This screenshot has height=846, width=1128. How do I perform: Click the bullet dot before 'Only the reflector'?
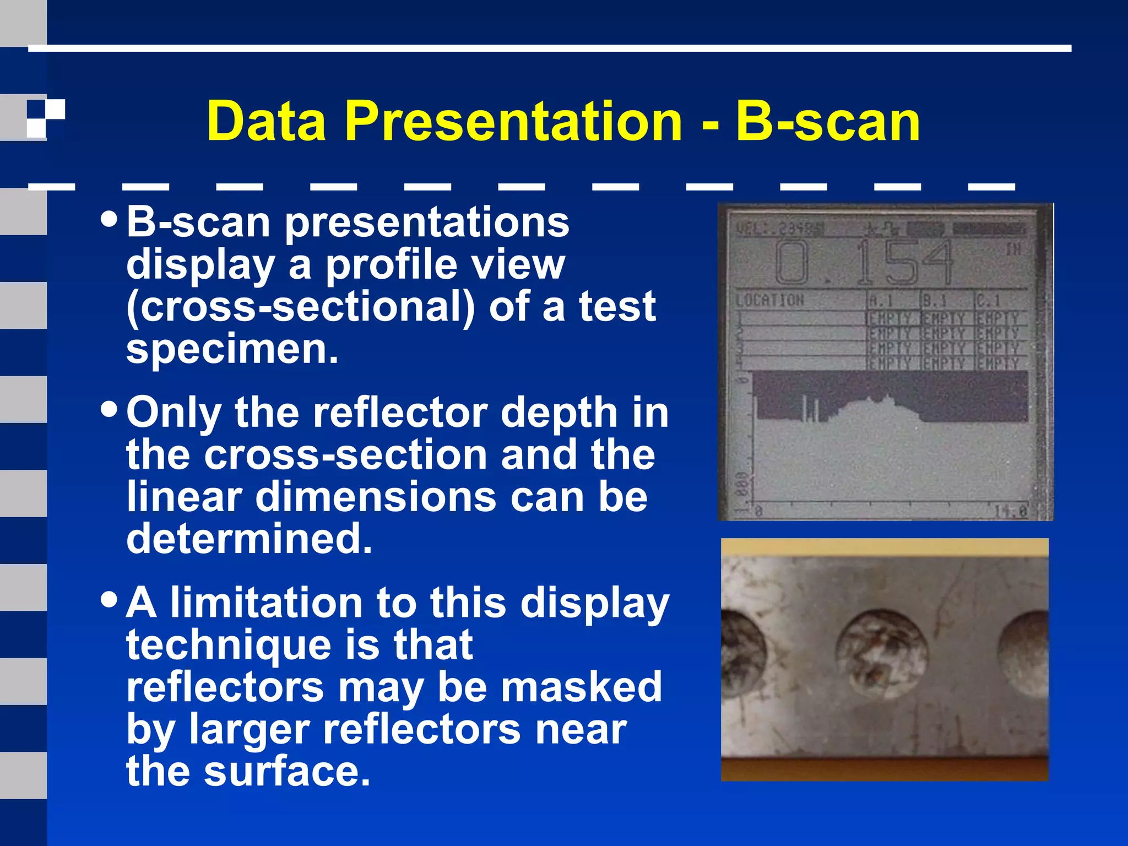point(110,409)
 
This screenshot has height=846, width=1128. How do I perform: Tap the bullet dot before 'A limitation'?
point(110,599)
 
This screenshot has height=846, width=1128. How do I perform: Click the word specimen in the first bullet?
point(231,349)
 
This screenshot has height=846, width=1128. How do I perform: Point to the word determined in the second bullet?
point(249,539)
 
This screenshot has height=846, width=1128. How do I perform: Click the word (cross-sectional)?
point(300,307)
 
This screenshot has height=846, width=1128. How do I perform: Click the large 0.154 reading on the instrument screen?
point(865,263)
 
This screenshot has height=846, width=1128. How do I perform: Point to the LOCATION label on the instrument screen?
point(770,301)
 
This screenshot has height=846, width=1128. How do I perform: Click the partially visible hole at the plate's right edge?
point(1025,654)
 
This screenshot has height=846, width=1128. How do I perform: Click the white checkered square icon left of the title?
point(46,117)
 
